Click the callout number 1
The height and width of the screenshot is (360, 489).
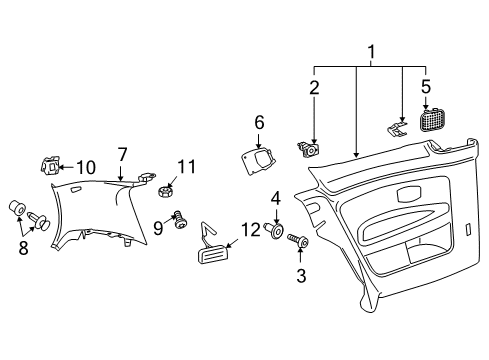click(x=371, y=52)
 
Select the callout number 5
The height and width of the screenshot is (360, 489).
click(x=426, y=86)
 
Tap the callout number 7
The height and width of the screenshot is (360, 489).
click(x=122, y=155)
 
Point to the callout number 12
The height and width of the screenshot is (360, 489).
click(x=250, y=230)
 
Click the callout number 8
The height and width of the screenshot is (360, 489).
click(x=23, y=248)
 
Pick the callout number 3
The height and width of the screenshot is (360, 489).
click(x=301, y=276)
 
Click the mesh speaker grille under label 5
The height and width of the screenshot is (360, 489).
click(x=432, y=120)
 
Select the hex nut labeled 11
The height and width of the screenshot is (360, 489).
click(x=165, y=192)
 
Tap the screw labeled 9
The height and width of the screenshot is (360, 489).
click(x=180, y=219)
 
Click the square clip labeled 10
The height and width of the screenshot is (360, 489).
click(x=50, y=165)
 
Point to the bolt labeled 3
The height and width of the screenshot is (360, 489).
click(x=298, y=240)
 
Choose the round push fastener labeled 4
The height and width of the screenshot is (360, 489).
click(x=275, y=230)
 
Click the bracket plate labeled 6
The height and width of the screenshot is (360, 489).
click(x=258, y=160)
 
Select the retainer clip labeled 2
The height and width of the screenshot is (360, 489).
click(x=309, y=150)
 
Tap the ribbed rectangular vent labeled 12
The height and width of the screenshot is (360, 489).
click(x=213, y=254)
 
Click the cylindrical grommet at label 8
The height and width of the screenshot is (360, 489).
click(x=16, y=208)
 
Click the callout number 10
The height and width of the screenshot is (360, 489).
click(x=86, y=167)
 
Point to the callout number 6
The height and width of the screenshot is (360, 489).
click(x=259, y=122)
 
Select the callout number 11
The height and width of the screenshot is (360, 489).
click(x=186, y=166)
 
